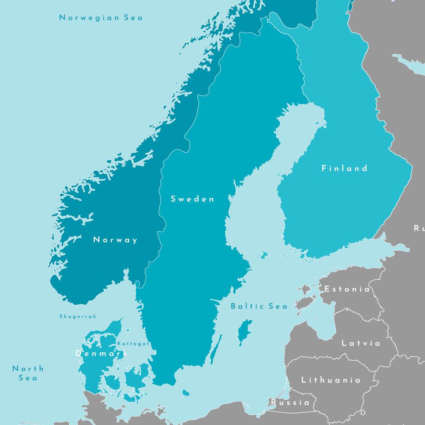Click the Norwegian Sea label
tap(101, 18)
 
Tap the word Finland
tap(344, 168)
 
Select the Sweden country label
tap(193, 199)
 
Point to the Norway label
tap(116, 240)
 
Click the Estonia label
tap(347, 289)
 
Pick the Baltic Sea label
tap(259, 306)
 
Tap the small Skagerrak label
tap(78, 317)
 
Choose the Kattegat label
tap(133, 343)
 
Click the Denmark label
tap(102, 354)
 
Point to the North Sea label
tap(28, 373)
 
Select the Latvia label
tap(361, 343)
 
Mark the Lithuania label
tap(331, 380)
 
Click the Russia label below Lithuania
tap(290, 402)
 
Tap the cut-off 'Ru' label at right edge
tap(419, 229)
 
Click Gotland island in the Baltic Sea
tap(244, 331)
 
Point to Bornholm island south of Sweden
tap(186, 392)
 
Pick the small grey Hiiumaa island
tap(304, 290)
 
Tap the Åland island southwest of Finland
tap(264, 255)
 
